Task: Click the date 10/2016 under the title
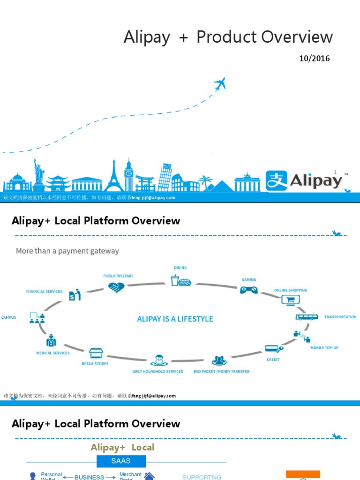(x=315, y=59)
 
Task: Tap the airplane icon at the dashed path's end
(x=220, y=84)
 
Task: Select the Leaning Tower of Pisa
(x=165, y=176)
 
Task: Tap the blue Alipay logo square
(x=277, y=180)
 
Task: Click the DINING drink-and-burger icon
(x=180, y=281)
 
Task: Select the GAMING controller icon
(x=248, y=289)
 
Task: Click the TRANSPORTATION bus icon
(x=307, y=317)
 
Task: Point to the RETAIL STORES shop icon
(x=95, y=353)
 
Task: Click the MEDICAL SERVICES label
(x=53, y=353)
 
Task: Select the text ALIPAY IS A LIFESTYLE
(x=175, y=319)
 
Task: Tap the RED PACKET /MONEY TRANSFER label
(x=222, y=371)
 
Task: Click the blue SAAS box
(x=121, y=461)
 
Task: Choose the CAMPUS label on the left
(x=9, y=317)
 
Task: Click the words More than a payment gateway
(x=67, y=251)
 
